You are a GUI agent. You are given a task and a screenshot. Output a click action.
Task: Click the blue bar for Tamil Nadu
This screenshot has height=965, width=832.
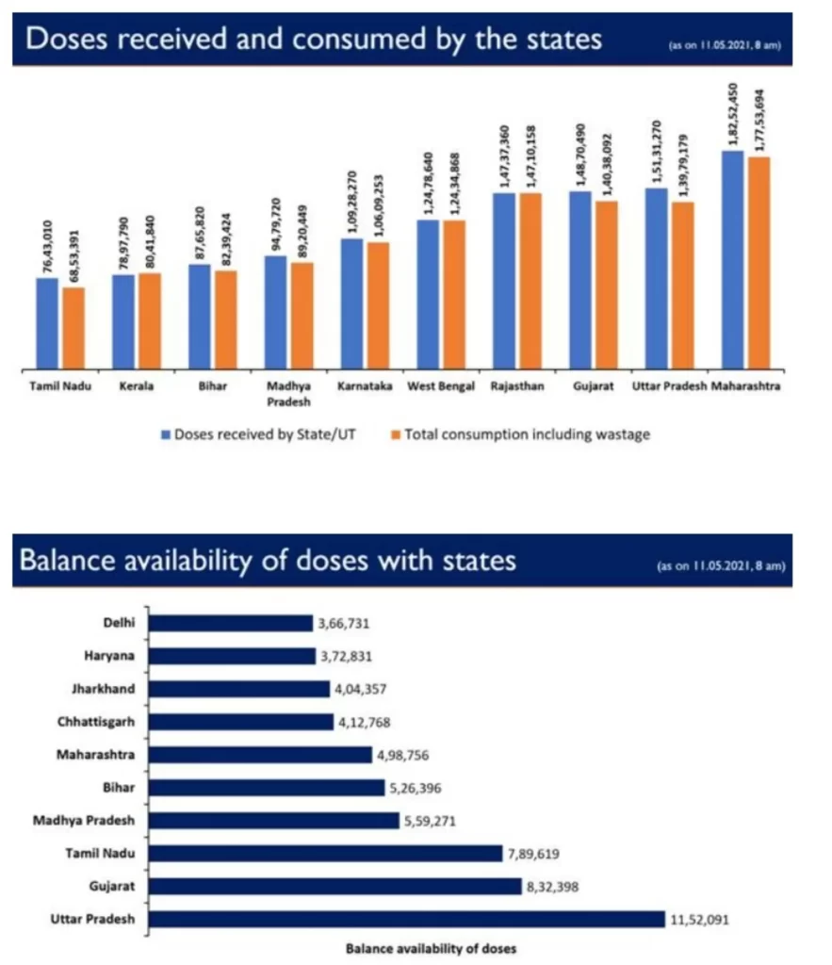[47, 322]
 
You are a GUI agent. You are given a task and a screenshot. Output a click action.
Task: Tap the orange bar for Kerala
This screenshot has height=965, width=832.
[150, 320]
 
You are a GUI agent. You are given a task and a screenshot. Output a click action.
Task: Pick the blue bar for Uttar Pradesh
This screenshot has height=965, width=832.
[657, 278]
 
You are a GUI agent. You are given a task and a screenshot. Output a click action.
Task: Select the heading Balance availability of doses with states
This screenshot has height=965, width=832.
[268, 561]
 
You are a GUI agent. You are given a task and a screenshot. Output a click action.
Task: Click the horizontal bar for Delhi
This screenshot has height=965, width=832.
[231, 623]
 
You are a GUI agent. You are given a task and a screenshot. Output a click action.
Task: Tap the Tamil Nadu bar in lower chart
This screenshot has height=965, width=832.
[325, 853]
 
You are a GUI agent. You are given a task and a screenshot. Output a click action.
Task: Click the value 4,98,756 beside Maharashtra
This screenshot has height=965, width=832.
[404, 755]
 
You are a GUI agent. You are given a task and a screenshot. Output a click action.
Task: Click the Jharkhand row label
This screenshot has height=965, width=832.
[104, 689]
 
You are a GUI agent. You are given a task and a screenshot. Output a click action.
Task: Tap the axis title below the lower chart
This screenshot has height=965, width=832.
[431, 948]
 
